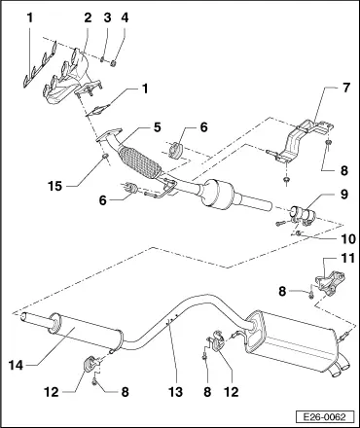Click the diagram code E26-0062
pyautogui.click(x=324, y=416)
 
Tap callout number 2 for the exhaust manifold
pyautogui.click(x=88, y=18)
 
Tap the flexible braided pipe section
pyautogui.click(x=139, y=162)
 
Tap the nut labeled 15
pyautogui.click(x=105, y=158)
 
